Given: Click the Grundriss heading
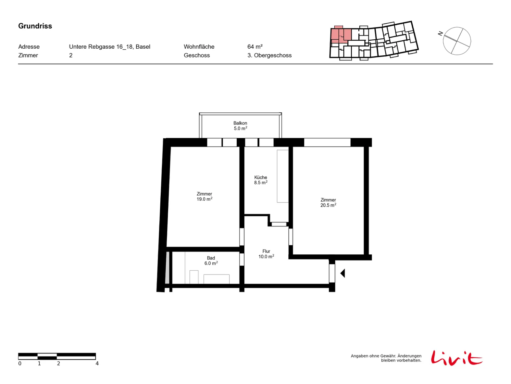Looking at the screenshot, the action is click(35, 26).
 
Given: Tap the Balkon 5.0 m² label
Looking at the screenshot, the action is click(240, 126).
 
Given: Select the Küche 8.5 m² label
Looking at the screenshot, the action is click(261, 180).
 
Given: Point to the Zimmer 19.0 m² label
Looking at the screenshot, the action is click(204, 196).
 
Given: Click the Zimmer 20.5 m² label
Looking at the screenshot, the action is click(328, 202).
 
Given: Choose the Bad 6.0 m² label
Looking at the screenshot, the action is click(211, 260).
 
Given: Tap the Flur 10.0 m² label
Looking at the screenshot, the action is click(266, 254).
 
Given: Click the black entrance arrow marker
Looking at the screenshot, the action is click(342, 273).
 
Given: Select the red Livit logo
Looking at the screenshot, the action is click(457, 358).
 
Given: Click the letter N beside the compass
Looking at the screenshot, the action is click(440, 34).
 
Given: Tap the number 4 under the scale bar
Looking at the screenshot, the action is click(97, 363).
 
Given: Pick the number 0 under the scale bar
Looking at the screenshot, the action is click(20, 363).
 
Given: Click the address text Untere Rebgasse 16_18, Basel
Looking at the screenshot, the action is click(110, 47).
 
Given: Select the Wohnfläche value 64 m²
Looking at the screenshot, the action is click(255, 47).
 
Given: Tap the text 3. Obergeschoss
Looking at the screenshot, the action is click(269, 55).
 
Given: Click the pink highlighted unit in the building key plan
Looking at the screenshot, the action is click(340, 35).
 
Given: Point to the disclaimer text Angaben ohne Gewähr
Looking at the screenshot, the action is click(373, 356).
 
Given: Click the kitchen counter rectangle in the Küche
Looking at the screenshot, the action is click(283, 176).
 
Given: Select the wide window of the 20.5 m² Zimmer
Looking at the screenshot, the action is click(327, 142).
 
